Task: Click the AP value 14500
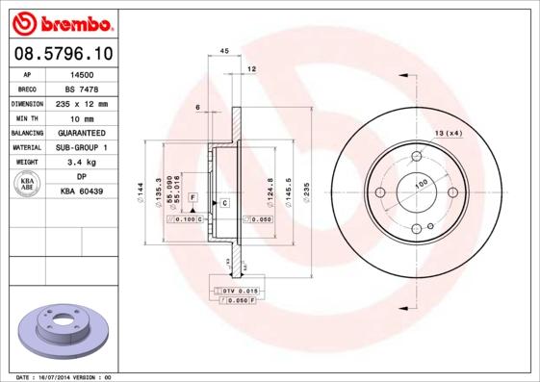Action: tap(82, 73)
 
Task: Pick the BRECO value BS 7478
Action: tap(82, 88)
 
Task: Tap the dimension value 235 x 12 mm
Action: tap(82, 103)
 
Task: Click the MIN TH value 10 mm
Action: tap(82, 117)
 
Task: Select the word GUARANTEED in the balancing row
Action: tap(82, 133)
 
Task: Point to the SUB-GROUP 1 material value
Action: tap(82, 147)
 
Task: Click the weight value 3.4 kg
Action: tap(82, 163)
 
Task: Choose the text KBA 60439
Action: tap(82, 192)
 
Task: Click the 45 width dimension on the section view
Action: tap(223, 50)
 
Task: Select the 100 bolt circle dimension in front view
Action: tap(420, 184)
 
